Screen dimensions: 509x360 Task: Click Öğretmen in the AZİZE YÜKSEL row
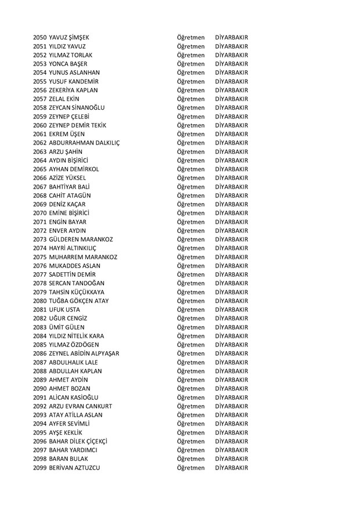click(x=191, y=178)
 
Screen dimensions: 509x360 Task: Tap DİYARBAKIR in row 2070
click(x=231, y=213)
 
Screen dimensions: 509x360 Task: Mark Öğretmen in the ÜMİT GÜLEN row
click(x=191, y=327)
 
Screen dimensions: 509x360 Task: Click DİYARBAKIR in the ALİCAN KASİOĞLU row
click(x=231, y=397)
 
